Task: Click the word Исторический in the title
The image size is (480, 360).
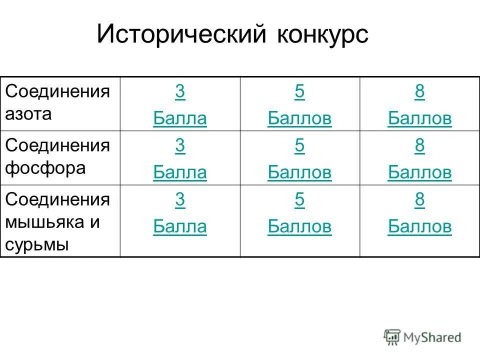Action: click(182, 35)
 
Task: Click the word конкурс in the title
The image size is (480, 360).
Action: click(322, 35)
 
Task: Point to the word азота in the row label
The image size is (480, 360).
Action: click(28, 114)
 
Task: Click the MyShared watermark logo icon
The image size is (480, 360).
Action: click(392, 337)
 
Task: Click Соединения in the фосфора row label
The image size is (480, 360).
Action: click(57, 145)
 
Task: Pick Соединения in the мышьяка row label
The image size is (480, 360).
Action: click(57, 199)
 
